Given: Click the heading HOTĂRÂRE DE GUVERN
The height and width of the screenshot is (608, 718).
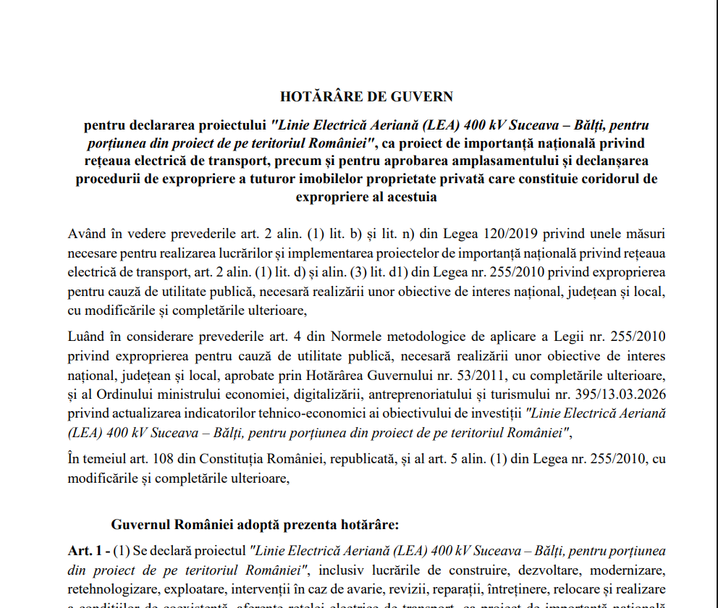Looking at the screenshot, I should (366, 96).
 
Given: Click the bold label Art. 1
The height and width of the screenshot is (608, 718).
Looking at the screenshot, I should (85, 552).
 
